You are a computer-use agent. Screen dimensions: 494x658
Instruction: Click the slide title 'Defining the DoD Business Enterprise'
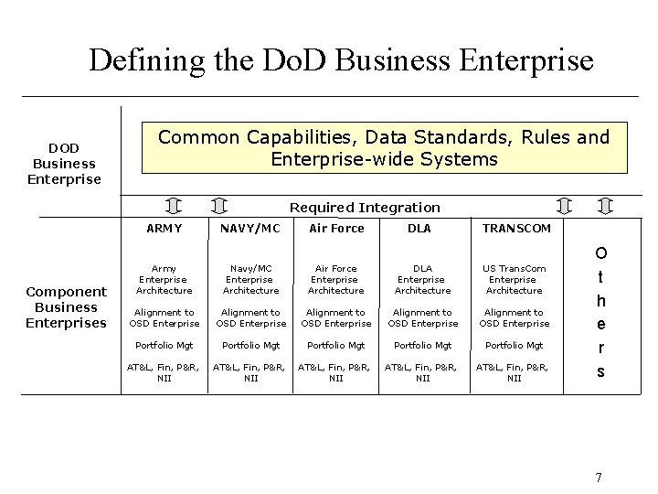(341, 60)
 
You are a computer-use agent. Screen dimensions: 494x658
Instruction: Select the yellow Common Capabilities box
(384, 147)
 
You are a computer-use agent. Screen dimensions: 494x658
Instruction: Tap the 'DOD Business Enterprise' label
(64, 163)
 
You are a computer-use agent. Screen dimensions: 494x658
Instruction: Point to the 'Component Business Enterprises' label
(66, 307)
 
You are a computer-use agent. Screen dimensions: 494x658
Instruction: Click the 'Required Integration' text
(365, 208)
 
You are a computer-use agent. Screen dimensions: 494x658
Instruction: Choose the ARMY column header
(164, 229)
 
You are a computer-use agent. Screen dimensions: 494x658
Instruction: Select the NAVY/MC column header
(250, 229)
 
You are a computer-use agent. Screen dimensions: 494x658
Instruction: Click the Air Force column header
(336, 229)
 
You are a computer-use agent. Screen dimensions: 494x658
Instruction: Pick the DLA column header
(420, 229)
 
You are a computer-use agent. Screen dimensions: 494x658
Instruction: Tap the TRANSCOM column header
(516, 229)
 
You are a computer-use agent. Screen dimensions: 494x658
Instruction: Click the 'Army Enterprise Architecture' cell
(164, 279)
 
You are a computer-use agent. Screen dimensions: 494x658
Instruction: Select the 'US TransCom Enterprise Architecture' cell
(514, 279)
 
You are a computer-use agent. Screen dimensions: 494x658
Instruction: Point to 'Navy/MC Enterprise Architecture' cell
(250, 279)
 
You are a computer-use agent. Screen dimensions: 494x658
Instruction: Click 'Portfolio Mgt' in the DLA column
(422, 345)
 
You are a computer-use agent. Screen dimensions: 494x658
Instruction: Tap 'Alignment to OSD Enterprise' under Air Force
(336, 317)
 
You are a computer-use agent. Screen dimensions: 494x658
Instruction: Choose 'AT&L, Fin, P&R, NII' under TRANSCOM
(514, 372)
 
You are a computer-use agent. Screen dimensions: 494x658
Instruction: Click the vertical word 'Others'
(600, 311)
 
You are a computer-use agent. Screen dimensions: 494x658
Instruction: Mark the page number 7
(599, 477)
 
